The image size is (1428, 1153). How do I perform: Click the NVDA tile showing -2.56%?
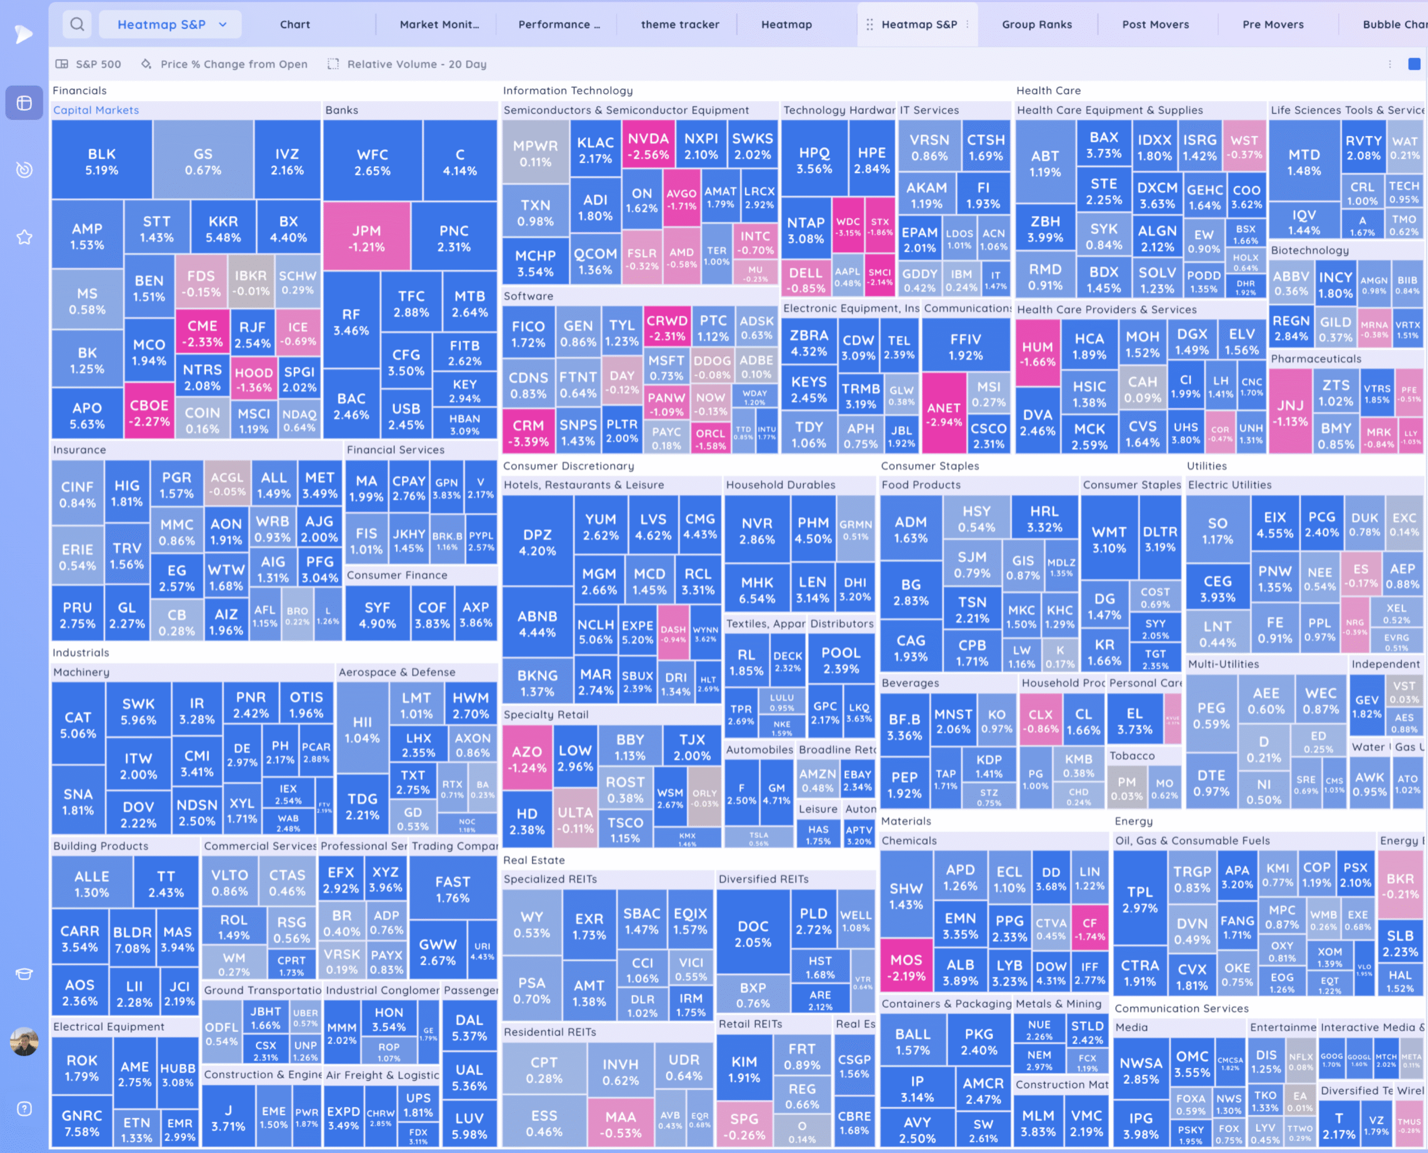click(x=648, y=146)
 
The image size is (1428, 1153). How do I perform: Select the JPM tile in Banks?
click(x=366, y=238)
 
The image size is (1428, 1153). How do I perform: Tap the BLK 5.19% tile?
click(x=102, y=161)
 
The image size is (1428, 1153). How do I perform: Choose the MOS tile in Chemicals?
click(x=906, y=967)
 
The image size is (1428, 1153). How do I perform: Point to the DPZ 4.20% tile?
click(x=537, y=542)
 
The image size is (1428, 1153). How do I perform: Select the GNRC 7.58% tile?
click(x=81, y=1122)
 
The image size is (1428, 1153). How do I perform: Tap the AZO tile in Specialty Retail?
click(x=527, y=759)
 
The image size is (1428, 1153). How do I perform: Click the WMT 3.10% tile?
click(x=1108, y=539)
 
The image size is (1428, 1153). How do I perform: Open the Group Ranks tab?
click(x=1036, y=25)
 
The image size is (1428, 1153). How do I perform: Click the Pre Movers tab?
click(x=1272, y=25)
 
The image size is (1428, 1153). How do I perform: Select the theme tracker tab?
click(x=679, y=25)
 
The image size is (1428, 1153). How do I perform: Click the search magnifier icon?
click(x=77, y=25)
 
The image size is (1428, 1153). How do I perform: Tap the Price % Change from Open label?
click(x=233, y=64)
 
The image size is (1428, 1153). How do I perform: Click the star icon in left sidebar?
click(x=24, y=237)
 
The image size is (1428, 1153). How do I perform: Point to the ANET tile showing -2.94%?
click(x=943, y=414)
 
